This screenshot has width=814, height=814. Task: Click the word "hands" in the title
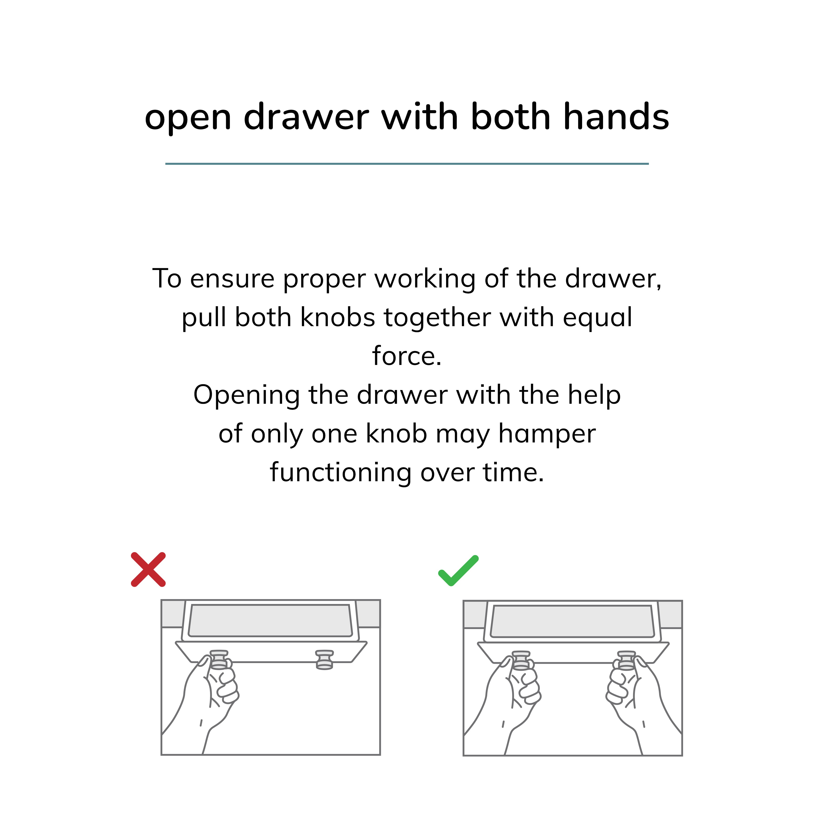(616, 117)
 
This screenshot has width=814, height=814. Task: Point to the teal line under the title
(407, 163)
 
